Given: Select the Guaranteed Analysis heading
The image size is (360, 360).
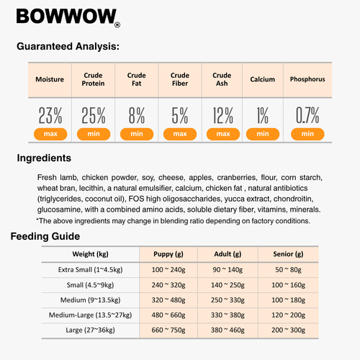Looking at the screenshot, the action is (x=68, y=47).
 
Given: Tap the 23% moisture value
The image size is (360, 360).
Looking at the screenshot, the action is (x=50, y=114).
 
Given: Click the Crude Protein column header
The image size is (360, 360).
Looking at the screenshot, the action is (x=93, y=79).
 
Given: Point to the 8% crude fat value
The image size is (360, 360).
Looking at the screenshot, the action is (x=136, y=114).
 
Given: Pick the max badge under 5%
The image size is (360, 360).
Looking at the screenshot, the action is (x=180, y=133).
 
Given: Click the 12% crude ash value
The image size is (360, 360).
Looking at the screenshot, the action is (x=222, y=114).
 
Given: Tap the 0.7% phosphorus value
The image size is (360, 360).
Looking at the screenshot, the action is (x=307, y=114).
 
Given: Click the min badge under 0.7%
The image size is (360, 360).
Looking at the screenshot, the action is (x=307, y=133).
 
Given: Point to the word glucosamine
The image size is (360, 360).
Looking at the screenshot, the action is (x=61, y=210).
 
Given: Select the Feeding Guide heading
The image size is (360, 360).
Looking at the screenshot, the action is (x=45, y=236).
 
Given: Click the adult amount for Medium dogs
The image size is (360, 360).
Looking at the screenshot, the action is (x=224, y=299).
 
